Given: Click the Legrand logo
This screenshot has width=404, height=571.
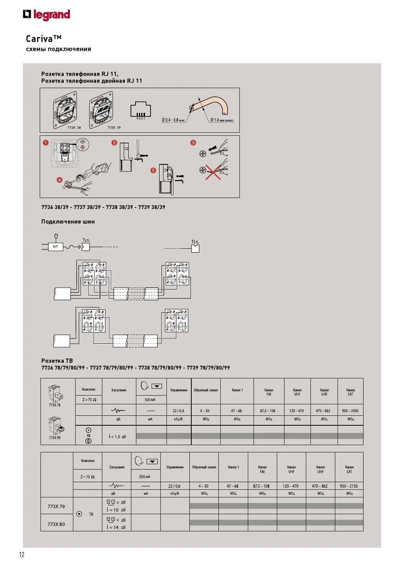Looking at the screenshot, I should pyautogui.click(x=47, y=15).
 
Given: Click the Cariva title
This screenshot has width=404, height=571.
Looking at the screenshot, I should pyautogui.click(x=44, y=39).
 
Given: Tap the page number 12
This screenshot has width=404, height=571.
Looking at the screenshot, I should pyautogui.click(x=22, y=555).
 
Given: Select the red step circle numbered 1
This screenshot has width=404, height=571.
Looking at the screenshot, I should pyautogui.click(x=45, y=143).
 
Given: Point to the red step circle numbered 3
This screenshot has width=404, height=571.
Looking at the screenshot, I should pyautogui.click(x=193, y=143).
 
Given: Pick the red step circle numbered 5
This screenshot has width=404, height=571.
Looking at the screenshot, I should pyautogui.click(x=153, y=170).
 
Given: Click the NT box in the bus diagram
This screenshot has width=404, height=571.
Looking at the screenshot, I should pyautogui.click(x=56, y=247).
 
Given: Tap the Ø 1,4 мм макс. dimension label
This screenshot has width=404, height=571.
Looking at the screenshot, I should pyautogui.click(x=222, y=120).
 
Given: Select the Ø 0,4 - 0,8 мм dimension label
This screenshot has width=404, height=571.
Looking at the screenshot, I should pyautogui.click(x=173, y=120).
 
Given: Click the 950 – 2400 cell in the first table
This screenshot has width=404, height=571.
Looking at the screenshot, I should pyautogui.click(x=350, y=411).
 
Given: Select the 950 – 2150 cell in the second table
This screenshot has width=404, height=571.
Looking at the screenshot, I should pyautogui.click(x=349, y=486).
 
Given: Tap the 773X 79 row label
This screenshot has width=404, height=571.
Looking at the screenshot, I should pyautogui.click(x=56, y=507).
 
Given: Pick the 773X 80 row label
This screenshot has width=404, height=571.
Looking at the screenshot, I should pyautogui.click(x=56, y=524).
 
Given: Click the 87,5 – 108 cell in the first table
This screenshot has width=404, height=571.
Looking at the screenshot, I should pyautogui.click(x=269, y=411).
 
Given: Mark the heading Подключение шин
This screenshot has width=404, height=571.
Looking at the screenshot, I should pyautogui.click(x=68, y=222).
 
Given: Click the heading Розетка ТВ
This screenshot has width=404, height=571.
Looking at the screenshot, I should pyautogui.click(x=57, y=360).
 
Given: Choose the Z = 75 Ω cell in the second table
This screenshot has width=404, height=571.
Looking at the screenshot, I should pyautogui.click(x=87, y=477).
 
